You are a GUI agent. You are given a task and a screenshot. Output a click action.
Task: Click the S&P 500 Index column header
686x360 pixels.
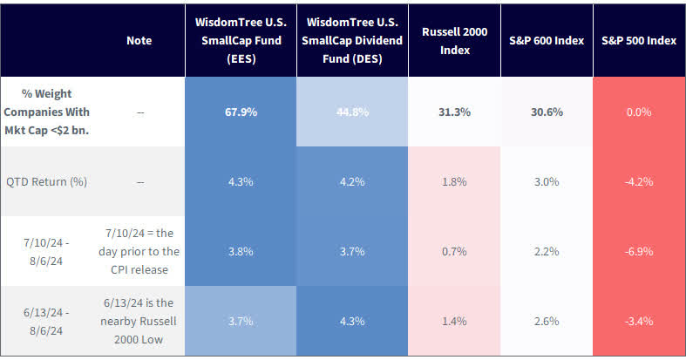(x=638, y=40)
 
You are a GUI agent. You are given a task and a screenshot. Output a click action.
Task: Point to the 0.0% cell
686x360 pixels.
(x=638, y=112)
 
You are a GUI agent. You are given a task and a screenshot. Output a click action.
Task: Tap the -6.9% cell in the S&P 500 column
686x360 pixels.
(x=638, y=251)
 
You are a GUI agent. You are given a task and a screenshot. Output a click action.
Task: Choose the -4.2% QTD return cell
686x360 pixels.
(x=638, y=181)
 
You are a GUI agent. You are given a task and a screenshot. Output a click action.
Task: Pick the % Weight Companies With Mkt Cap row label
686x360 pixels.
(x=46, y=112)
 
